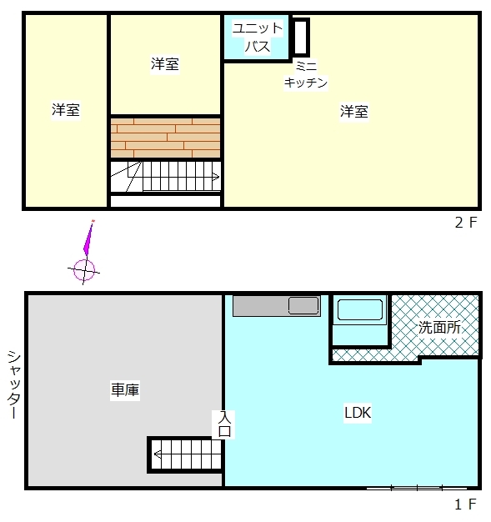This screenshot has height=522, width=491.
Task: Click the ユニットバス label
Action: coord(258,38)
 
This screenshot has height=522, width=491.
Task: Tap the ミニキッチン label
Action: coord(306,74)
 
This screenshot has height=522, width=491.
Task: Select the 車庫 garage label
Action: coord(125,389)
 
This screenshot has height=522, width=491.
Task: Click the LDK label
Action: coord(358,413)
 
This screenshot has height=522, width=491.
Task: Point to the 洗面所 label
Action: coord(439,328)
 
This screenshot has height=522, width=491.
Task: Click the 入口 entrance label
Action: coord(224,424)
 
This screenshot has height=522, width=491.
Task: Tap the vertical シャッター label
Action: coord(14,384)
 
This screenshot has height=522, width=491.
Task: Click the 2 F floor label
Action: coord(466,223)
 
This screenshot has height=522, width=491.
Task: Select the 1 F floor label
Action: coord(466,504)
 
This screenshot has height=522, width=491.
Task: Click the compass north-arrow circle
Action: coord(84,270)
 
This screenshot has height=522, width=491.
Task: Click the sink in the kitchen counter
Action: coord(303,305)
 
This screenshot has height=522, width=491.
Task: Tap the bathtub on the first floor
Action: coord(360,310)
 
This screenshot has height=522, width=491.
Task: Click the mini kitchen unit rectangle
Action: coord(301,37)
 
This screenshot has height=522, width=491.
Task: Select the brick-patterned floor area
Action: coord(165,138)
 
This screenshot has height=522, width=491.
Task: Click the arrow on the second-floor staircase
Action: coord(216,177)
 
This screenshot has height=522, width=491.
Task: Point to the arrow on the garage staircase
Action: coord(158,454)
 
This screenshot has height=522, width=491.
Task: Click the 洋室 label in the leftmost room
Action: coord(66,110)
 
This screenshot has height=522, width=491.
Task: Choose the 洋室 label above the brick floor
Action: coord(165,64)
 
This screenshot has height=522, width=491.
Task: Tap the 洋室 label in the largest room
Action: coord(354,111)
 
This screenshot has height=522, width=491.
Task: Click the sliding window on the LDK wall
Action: coord(417,489)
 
